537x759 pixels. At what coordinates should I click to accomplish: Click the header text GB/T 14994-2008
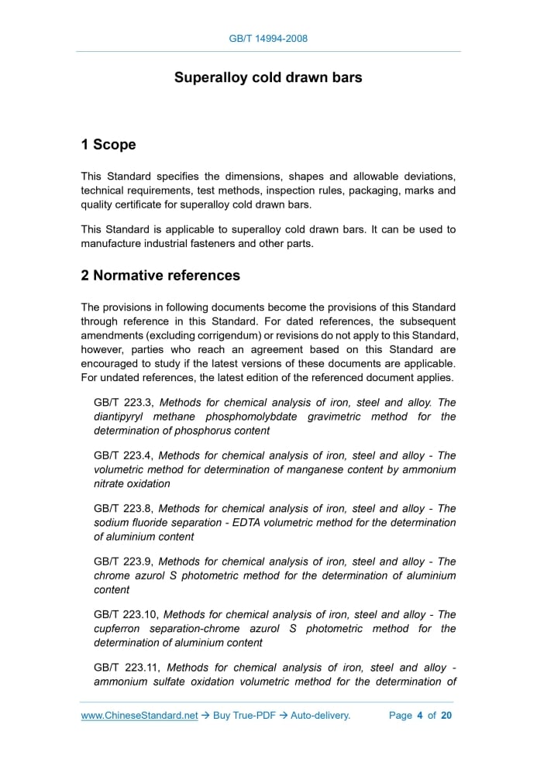[268, 38]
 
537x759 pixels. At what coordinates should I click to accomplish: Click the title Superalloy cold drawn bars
[268, 77]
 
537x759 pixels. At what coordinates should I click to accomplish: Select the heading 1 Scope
[108, 145]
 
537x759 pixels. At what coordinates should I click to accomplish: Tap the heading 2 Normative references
[160, 276]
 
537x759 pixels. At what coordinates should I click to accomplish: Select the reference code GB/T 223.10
[126, 614]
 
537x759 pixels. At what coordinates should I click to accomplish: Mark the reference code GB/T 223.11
[126, 668]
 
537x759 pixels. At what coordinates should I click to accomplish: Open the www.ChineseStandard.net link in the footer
[139, 716]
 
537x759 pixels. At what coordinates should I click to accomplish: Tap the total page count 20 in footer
[446, 716]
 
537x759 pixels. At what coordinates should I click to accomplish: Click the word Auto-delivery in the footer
[321, 716]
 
